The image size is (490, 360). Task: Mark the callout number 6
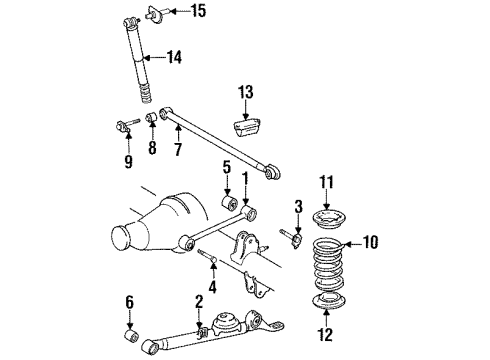click(127, 301)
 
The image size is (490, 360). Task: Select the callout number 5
click(227, 167)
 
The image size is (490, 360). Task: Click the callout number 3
click(270, 206)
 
